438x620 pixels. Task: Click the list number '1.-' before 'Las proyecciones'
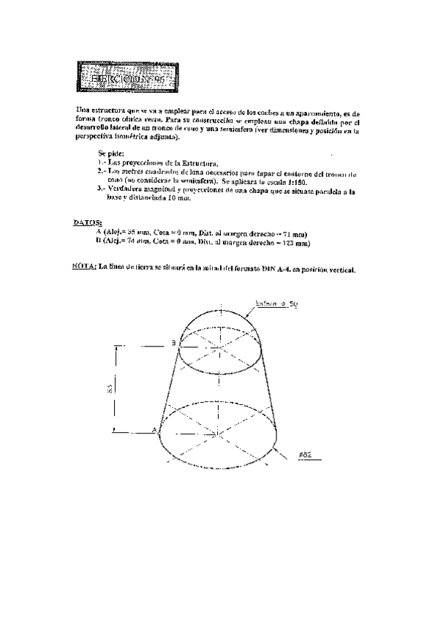[x=101, y=162]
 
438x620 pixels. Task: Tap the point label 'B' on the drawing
[x=173, y=342]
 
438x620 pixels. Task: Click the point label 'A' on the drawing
[x=154, y=431]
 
